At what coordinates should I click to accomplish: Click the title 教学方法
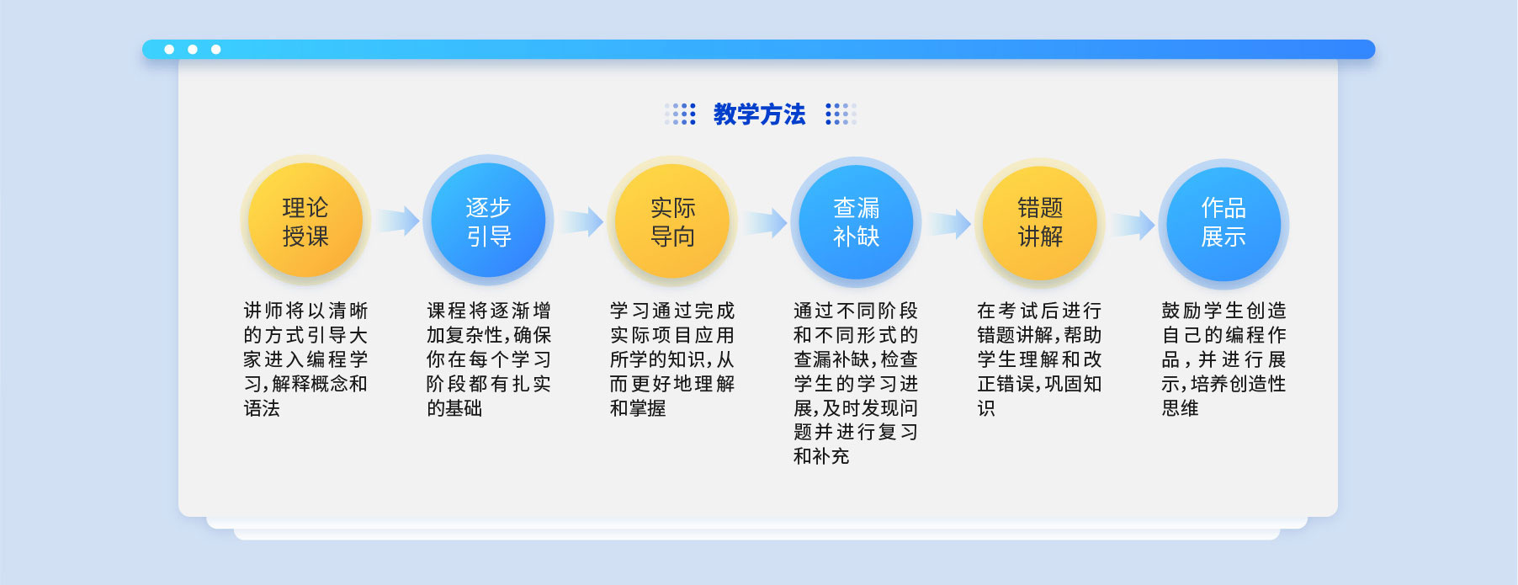(759, 114)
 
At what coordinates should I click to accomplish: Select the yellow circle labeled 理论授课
(305, 221)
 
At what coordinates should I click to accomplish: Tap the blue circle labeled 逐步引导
(488, 221)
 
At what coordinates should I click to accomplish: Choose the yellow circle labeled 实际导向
(672, 221)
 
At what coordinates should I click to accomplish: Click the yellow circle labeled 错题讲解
(1040, 221)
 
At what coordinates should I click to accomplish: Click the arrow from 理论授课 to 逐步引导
(398, 221)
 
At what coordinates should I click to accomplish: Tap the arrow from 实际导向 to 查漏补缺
(765, 223)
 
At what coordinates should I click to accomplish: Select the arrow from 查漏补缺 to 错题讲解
(949, 224)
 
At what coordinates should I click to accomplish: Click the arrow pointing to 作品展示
(1133, 225)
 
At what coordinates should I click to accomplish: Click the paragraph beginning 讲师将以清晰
(305, 359)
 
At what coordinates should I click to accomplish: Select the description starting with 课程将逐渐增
(489, 359)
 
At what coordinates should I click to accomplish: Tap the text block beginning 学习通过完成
(672, 359)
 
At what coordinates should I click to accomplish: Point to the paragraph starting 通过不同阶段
(856, 384)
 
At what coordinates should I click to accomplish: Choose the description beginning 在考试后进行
(1039, 359)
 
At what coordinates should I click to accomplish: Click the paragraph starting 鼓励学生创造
(1223, 359)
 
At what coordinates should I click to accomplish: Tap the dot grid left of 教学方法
(680, 114)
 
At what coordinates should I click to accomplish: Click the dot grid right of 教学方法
(841, 114)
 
